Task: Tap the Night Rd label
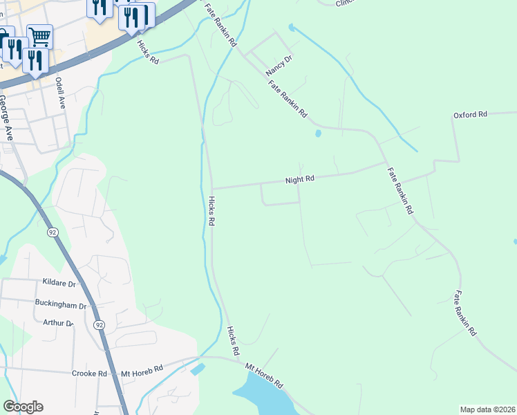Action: [x=300, y=179]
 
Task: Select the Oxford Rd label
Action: [x=470, y=114]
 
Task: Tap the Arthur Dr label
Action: [x=58, y=323]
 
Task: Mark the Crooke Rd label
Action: [x=89, y=373]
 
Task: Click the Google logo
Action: [x=23, y=407]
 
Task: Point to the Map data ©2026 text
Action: [x=487, y=409]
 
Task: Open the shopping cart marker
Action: [x=40, y=36]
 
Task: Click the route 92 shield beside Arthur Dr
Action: [x=100, y=324]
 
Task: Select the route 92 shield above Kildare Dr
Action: [x=53, y=232]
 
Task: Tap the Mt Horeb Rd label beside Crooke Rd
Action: [x=142, y=371]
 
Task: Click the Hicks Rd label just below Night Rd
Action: [x=211, y=210]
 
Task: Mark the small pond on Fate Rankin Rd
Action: [x=318, y=133]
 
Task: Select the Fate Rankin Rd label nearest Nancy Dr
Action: [x=288, y=99]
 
